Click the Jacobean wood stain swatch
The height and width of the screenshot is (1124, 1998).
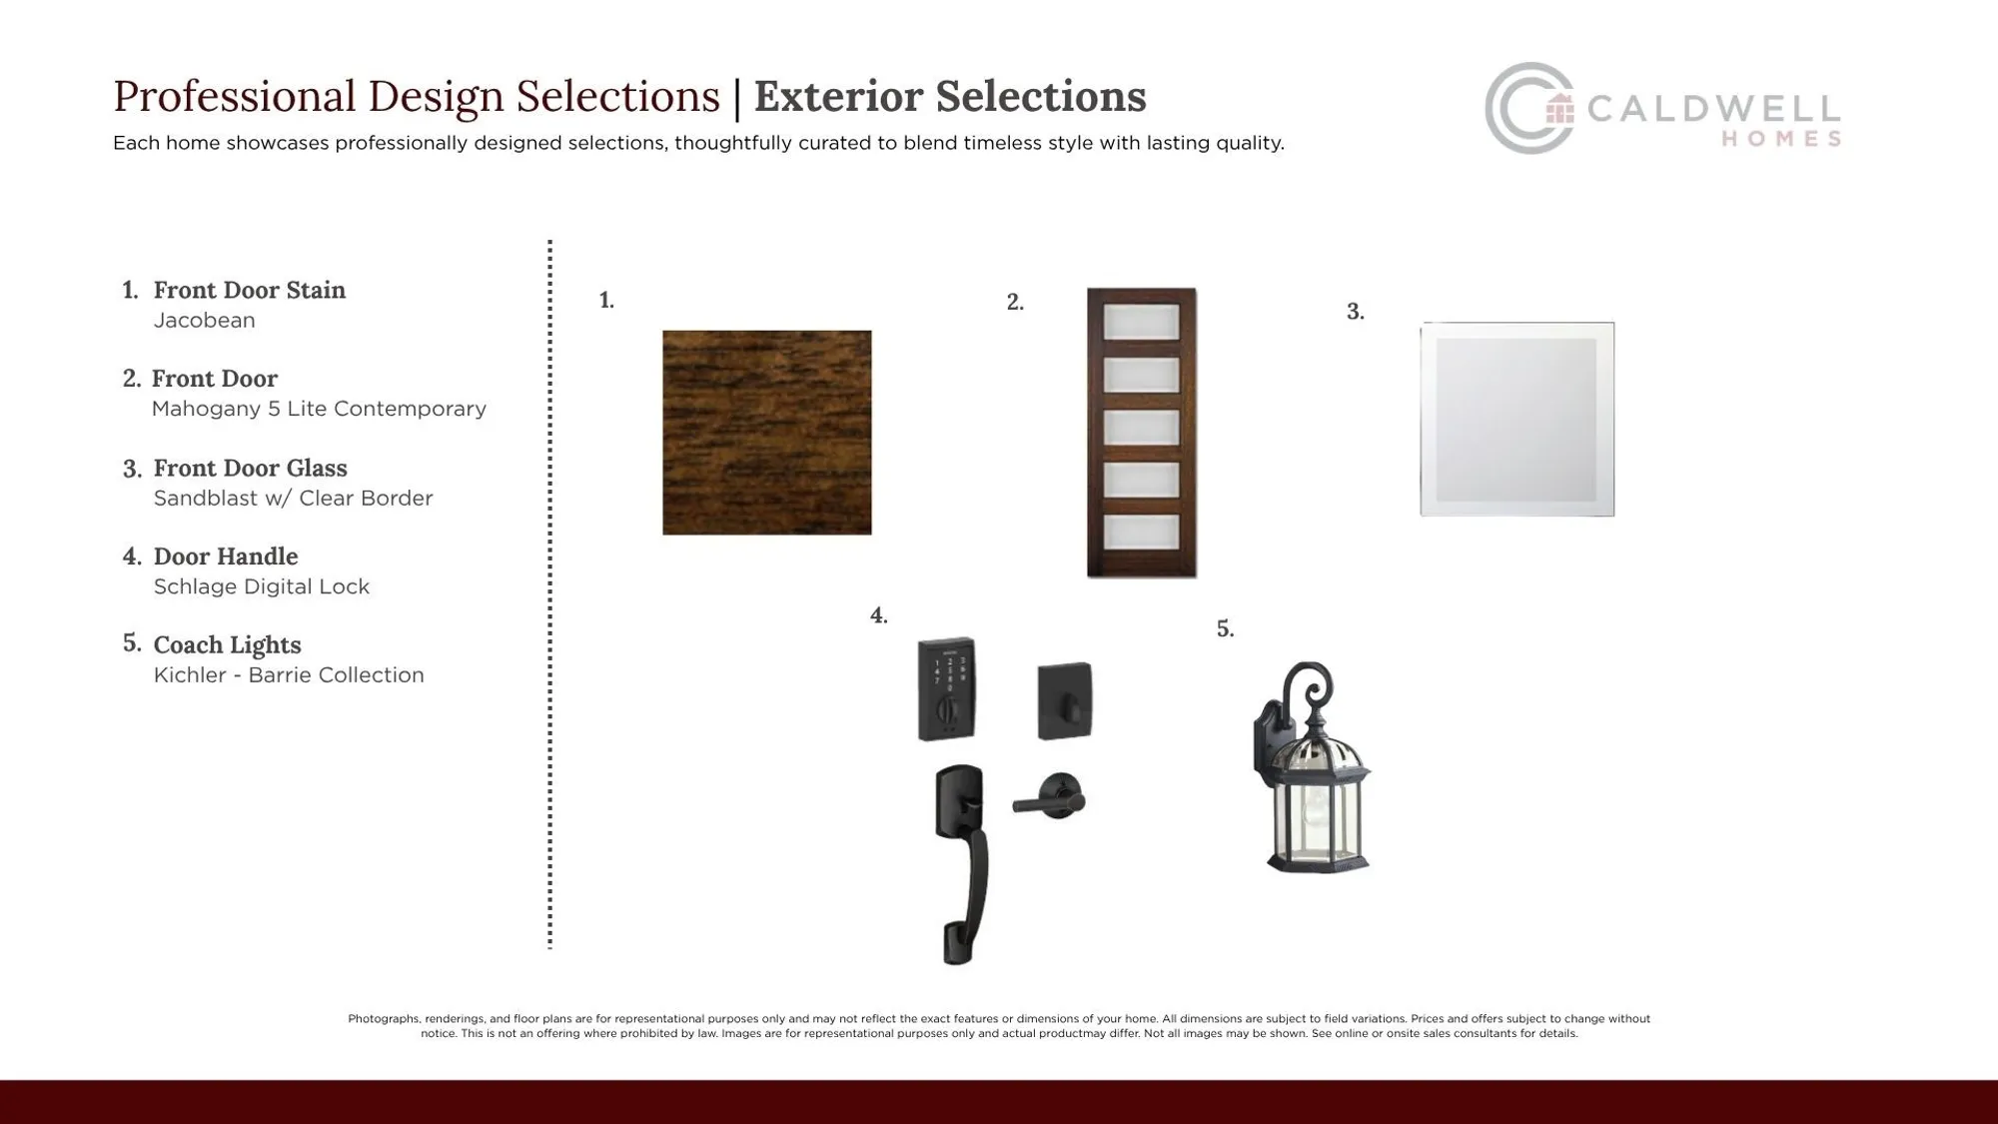click(x=766, y=433)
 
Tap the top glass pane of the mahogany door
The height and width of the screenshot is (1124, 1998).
click(x=1141, y=323)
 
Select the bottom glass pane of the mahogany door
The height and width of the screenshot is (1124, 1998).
click(x=1141, y=532)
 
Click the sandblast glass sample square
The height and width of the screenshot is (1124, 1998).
click(x=1516, y=420)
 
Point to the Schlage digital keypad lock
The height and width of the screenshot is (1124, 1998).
click(x=946, y=688)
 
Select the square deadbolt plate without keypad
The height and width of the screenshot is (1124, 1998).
click(x=1064, y=700)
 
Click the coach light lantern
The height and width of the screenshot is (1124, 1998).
click(x=1314, y=789)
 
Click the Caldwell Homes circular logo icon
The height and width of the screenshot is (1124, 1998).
click(x=1528, y=108)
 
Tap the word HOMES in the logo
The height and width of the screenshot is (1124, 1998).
click(x=1781, y=140)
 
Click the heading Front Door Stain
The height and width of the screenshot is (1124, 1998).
click(x=249, y=291)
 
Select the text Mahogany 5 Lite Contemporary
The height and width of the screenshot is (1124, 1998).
click(x=319, y=409)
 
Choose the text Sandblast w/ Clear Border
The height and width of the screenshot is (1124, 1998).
click(x=293, y=498)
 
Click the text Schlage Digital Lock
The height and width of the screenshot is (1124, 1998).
click(x=261, y=586)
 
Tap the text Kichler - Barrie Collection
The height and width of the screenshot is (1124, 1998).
click(x=289, y=675)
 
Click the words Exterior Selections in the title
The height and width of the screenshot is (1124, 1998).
click(x=949, y=97)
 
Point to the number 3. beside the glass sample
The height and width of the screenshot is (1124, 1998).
click(x=1355, y=312)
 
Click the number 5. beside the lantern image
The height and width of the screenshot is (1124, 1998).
click(x=1225, y=629)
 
